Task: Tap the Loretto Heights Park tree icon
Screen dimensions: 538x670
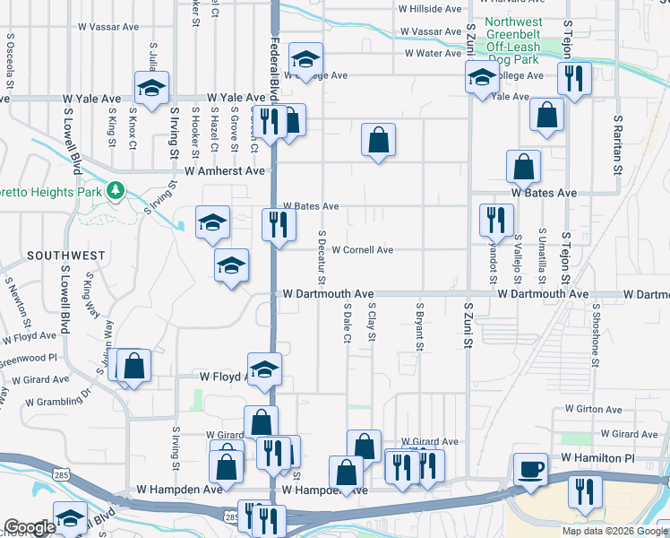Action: pos(115,191)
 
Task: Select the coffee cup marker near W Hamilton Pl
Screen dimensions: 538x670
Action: pos(530,469)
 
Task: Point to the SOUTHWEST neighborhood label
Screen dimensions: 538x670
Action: pos(65,256)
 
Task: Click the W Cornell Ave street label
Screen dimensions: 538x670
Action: pos(363,250)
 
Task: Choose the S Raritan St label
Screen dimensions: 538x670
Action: pos(617,143)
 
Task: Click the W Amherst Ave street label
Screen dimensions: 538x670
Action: pos(225,170)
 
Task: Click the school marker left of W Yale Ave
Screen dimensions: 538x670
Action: pos(151,86)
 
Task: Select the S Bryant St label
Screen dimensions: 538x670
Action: pos(418,326)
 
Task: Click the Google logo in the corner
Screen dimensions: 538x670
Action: pos(30,527)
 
